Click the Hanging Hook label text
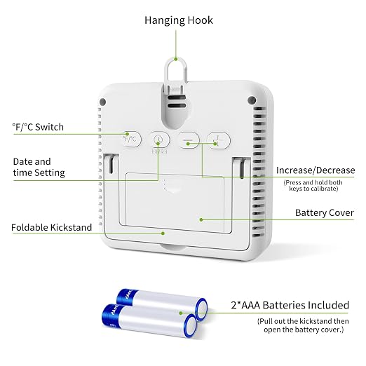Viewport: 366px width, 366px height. [x=179, y=20]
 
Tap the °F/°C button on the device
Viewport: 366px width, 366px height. [x=132, y=140]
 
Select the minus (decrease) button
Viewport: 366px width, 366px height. [x=189, y=140]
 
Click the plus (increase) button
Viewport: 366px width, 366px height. [x=219, y=140]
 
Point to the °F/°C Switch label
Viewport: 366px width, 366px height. [x=38, y=127]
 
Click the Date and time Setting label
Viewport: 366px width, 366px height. [x=39, y=167]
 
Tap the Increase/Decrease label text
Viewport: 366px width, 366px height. [x=316, y=170]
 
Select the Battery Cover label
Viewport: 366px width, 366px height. [x=325, y=212]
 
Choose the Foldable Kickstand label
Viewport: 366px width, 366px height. [x=51, y=227]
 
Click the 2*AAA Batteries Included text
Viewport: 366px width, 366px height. [x=290, y=305]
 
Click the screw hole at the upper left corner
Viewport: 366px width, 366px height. [x=102, y=102]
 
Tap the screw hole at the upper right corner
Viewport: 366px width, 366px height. [x=252, y=100]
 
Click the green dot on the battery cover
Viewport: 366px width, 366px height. [x=201, y=219]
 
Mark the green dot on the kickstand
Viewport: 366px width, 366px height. [x=163, y=233]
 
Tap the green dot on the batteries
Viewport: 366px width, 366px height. [x=180, y=313]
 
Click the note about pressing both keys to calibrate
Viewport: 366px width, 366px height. [x=313, y=186]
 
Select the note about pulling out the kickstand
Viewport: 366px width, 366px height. [x=303, y=325]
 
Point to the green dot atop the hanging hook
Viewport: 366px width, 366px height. [x=176, y=60]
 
